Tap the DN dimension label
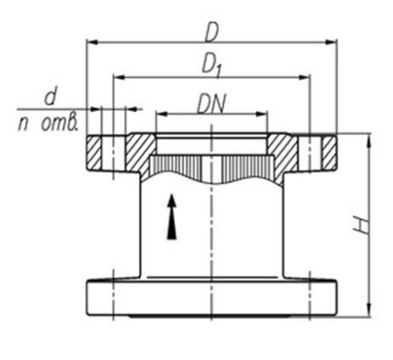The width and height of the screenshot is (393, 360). pyautogui.click(x=211, y=103)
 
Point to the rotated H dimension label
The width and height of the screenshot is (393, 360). pyautogui.click(x=362, y=225)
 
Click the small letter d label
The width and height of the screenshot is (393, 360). pyautogui.click(x=50, y=97)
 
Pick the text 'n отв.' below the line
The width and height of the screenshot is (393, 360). pyautogui.click(x=48, y=123)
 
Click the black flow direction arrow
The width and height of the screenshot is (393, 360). pyautogui.click(x=172, y=217)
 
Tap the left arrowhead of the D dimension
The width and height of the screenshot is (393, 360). pyautogui.click(x=91, y=43)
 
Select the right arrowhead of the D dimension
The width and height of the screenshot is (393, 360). pyautogui.click(x=331, y=43)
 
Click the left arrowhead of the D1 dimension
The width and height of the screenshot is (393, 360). pyautogui.click(x=118, y=77)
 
